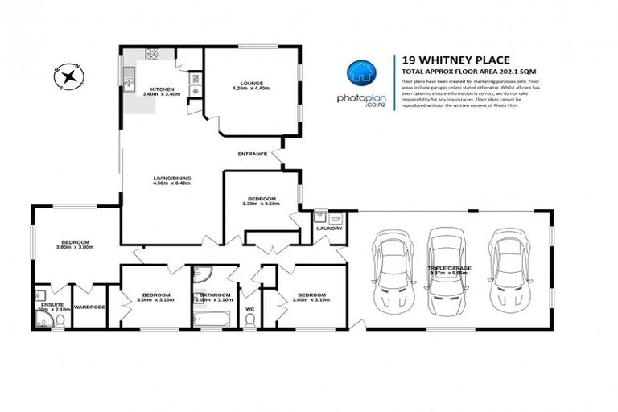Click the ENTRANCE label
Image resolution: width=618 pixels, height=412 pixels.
pyautogui.click(x=252, y=154)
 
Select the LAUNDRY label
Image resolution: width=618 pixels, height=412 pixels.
pyautogui.click(x=329, y=228)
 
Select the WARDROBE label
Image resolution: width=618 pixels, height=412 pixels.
pyautogui.click(x=90, y=307)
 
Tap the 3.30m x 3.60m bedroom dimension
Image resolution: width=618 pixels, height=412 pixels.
pyautogui.click(x=262, y=204)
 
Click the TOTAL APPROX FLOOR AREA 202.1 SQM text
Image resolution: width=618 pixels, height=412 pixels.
pyautogui.click(x=456, y=72)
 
